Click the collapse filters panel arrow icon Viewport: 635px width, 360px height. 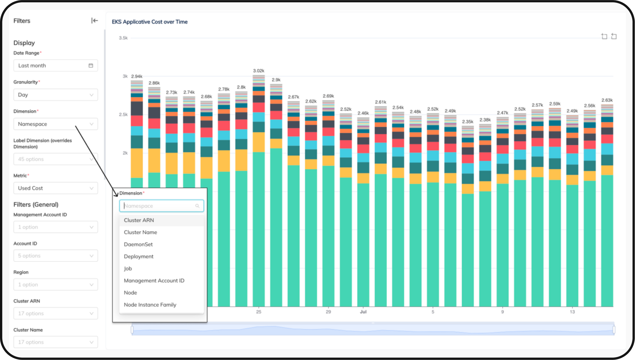94,21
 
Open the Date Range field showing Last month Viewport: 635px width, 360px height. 55,66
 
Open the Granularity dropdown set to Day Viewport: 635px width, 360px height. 55,95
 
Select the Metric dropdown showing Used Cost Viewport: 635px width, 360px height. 55,188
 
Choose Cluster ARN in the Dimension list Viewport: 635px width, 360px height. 139,220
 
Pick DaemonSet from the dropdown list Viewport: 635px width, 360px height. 138,244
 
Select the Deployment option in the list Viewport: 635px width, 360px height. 138,257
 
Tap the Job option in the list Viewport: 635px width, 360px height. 128,268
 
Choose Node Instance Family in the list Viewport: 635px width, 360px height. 150,305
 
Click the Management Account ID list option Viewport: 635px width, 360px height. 154,281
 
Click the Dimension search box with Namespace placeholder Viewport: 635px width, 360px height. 161,206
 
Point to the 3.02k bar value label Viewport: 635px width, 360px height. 258,71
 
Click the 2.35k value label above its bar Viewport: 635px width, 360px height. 467,121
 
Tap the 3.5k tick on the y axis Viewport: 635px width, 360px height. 123,38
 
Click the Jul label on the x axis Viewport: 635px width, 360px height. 363,312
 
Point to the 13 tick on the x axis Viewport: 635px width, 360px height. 572,312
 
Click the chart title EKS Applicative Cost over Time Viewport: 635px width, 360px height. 150,22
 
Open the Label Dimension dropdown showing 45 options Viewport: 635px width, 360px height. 55,159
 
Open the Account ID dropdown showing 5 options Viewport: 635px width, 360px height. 55,256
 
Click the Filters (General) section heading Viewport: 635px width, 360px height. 36,205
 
